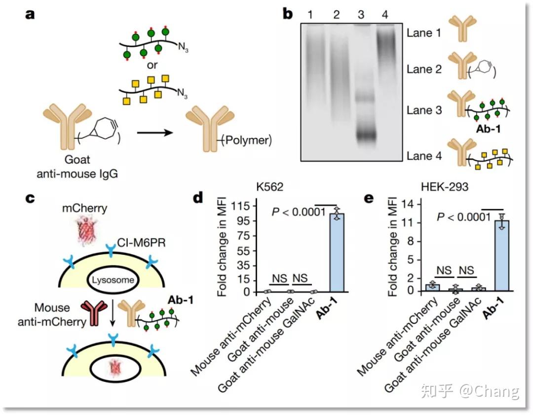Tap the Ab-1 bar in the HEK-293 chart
tap(502, 256)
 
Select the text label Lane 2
tap(424, 70)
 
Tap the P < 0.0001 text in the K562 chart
tap(299, 212)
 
